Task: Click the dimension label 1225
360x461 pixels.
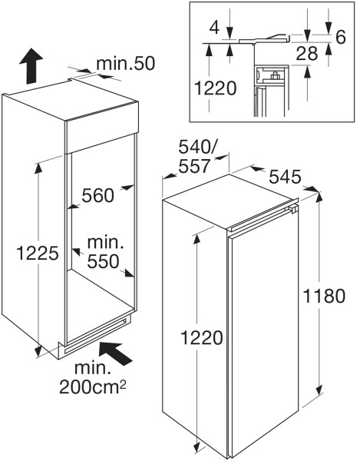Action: pyautogui.click(x=38, y=253)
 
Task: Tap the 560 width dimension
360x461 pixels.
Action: pyautogui.click(x=97, y=195)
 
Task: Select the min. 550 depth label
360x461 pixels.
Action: pyautogui.click(x=104, y=252)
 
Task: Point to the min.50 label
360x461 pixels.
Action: pyautogui.click(x=125, y=64)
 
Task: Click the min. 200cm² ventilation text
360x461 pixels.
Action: pyautogui.click(x=93, y=378)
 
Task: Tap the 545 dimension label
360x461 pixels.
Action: pyautogui.click(x=285, y=177)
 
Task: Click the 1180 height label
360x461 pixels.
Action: pyautogui.click(x=324, y=296)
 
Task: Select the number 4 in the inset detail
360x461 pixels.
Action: pyautogui.click(x=215, y=28)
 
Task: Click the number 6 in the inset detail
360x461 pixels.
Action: pyautogui.click(x=341, y=37)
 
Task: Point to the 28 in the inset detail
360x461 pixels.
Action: pyautogui.click(x=307, y=54)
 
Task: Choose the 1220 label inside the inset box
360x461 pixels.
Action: pyautogui.click(x=215, y=88)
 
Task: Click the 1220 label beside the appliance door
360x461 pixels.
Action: pyautogui.click(x=201, y=337)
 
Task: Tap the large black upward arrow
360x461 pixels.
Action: pyautogui.click(x=31, y=66)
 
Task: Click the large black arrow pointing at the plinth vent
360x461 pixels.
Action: pyautogui.click(x=115, y=353)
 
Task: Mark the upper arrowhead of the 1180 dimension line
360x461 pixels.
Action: pyautogui.click(x=319, y=198)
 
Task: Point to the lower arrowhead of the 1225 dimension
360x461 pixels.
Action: pyautogui.click(x=38, y=351)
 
